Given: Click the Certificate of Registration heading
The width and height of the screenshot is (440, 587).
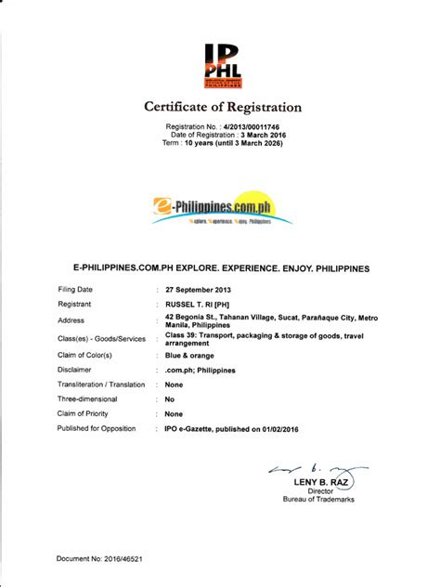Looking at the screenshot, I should click(220, 105).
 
